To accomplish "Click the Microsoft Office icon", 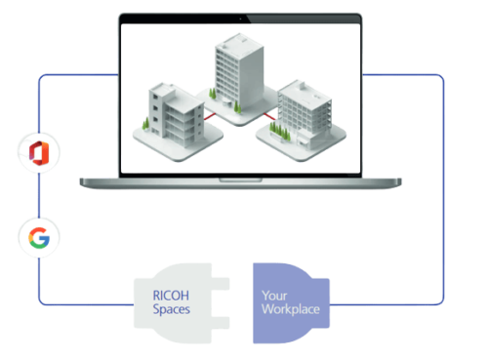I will (x=40, y=152).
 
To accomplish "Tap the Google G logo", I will (x=40, y=237).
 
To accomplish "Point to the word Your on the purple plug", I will (x=276, y=294).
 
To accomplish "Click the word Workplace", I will (x=291, y=308).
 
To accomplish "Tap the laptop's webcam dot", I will (x=239, y=18).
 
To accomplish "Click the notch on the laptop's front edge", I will (x=239, y=180).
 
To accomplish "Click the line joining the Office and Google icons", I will (x=40, y=195).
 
